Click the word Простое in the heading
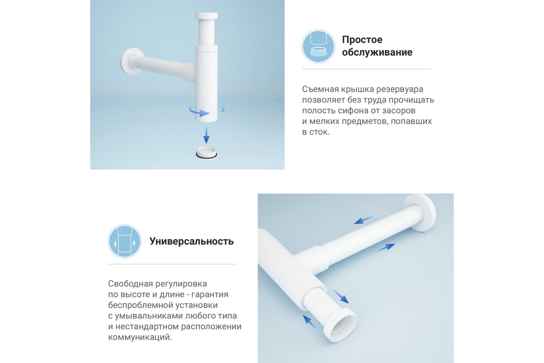point(362,39)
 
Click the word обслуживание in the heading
point(377,52)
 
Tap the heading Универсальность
point(192,241)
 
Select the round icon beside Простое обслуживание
point(318,46)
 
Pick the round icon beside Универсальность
point(125,241)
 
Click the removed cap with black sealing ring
point(206,153)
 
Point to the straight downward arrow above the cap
point(206,135)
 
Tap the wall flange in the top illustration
point(131,61)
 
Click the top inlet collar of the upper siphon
point(206,15)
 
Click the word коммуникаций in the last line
point(140,338)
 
